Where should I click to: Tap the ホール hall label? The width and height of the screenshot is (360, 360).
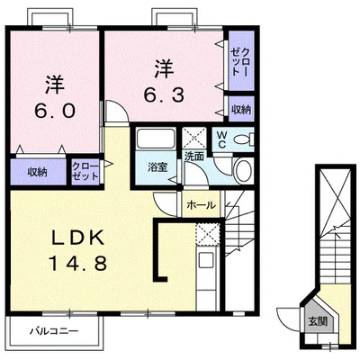pos(201,205)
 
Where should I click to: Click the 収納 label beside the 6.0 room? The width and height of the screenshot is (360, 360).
pos(37,170)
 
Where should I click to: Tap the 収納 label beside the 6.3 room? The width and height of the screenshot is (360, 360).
pos(240,109)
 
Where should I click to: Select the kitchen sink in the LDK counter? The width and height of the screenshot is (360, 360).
pos(205,267)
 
